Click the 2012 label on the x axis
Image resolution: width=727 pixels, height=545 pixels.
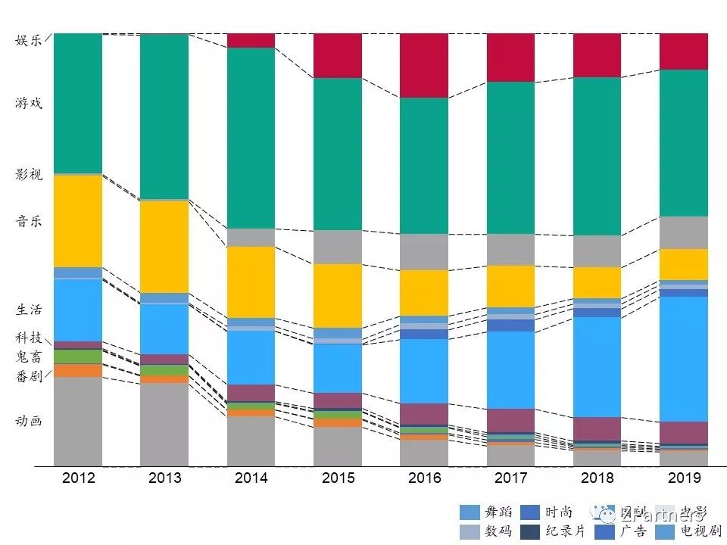(78, 478)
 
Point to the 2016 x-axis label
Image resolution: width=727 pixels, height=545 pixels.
(424, 478)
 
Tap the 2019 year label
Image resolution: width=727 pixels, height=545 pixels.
(684, 478)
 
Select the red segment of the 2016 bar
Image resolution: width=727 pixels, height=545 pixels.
(424, 65)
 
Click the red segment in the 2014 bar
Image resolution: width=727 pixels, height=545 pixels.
(251, 40)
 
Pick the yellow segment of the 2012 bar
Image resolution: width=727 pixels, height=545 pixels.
(78, 221)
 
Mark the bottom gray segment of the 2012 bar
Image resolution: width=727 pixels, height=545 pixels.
(78, 421)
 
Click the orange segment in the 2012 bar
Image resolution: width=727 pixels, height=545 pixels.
(78, 370)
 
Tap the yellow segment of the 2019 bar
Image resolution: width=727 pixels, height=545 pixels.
(684, 264)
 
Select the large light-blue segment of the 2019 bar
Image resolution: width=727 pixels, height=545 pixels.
(684, 359)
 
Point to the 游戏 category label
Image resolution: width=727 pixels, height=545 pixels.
(29, 103)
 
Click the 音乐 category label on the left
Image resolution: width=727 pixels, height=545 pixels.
(29, 222)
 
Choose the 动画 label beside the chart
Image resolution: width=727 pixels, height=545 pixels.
(29, 421)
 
